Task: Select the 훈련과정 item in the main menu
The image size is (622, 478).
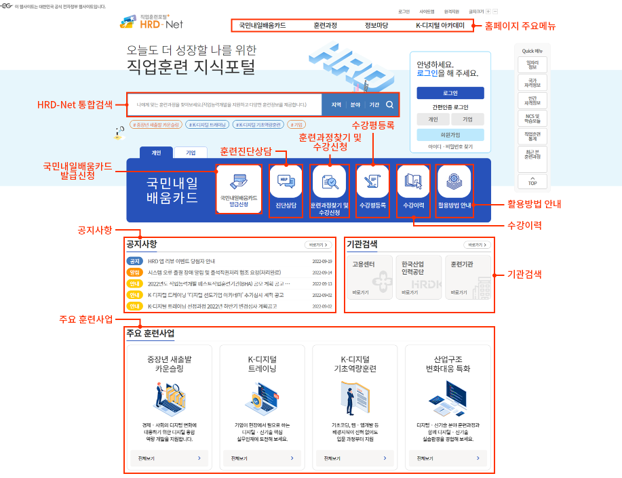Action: [x=325, y=26]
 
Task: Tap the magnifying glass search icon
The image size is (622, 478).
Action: [x=390, y=104]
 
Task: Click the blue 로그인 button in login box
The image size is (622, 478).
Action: [x=450, y=93]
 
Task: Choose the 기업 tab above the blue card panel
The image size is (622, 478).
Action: [x=191, y=153]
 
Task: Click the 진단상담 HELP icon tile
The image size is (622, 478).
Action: [x=286, y=190]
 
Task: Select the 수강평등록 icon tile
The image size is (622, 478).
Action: [x=372, y=190]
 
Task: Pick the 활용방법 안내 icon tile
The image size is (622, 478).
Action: [x=454, y=190]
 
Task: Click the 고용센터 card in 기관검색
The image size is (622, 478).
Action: [x=370, y=277]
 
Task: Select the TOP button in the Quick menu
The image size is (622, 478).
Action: [x=533, y=181]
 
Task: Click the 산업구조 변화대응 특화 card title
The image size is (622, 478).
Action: [x=446, y=363]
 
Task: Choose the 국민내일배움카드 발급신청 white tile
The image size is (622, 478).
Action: [x=238, y=190]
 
